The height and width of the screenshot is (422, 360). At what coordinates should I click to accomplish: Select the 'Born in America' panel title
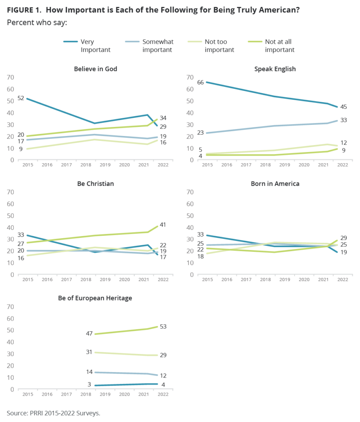point(275,183)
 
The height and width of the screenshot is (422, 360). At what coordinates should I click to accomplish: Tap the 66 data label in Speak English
point(200,82)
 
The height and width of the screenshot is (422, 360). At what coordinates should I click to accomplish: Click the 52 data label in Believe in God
point(21,98)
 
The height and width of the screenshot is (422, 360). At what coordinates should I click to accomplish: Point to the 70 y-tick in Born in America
point(190,192)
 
